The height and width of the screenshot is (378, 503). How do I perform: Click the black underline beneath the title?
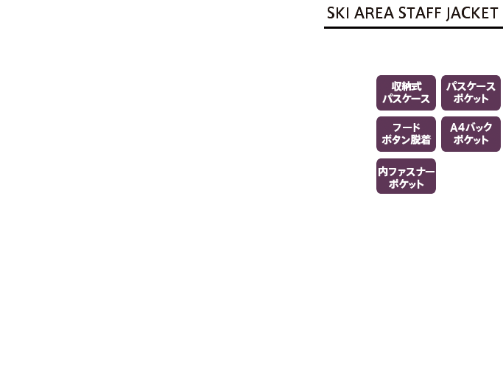coord(413,27)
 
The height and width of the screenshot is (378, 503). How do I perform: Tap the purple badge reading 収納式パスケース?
coord(406,93)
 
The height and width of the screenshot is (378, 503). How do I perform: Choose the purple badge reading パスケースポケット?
coord(471,93)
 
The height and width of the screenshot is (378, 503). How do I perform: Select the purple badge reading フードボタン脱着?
coord(406,134)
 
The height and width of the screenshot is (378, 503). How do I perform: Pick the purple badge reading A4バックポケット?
coord(471,134)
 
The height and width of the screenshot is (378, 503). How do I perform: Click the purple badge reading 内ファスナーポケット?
coord(406,176)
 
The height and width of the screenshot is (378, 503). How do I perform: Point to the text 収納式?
coord(407,86)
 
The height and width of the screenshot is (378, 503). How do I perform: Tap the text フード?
coord(407,127)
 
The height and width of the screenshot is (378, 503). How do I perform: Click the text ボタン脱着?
coord(406,140)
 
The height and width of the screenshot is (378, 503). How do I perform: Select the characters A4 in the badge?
coord(457,127)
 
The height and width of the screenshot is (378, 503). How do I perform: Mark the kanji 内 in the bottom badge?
coord(384,172)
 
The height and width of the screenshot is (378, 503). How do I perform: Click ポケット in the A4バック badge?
coord(471,140)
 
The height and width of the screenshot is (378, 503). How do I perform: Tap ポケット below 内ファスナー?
coord(406,184)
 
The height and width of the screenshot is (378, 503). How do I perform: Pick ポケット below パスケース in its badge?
coord(471,99)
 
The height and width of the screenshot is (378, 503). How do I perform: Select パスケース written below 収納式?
coord(406,99)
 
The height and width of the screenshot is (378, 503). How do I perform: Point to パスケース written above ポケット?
coord(471,87)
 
